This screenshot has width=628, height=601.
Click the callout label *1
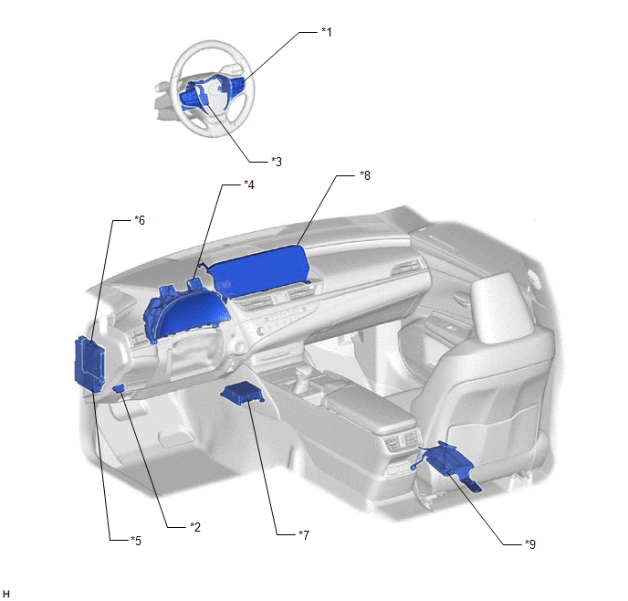[x=327, y=32]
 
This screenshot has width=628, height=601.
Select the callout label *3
[x=277, y=162]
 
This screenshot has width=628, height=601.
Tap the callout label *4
[x=249, y=185]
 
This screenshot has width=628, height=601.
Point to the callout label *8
[x=365, y=175]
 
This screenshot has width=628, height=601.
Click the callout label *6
[x=140, y=220]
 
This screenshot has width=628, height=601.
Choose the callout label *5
[x=136, y=541]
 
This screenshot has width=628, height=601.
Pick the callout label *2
[x=195, y=526]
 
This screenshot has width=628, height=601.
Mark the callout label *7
[x=304, y=534]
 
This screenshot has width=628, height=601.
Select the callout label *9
[x=530, y=544]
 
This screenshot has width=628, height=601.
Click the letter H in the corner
[x=5, y=594]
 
